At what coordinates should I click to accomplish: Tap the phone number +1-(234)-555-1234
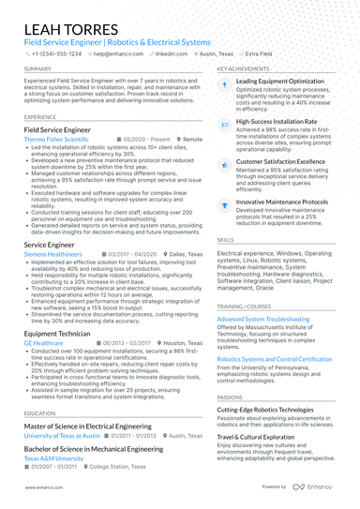[55, 54]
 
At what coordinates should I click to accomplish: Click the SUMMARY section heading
[37, 69]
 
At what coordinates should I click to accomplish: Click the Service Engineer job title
[49, 244]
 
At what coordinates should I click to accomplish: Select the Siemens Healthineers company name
[53, 254]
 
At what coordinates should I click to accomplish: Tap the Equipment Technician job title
[57, 333]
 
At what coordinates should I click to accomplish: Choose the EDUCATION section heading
[39, 412]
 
